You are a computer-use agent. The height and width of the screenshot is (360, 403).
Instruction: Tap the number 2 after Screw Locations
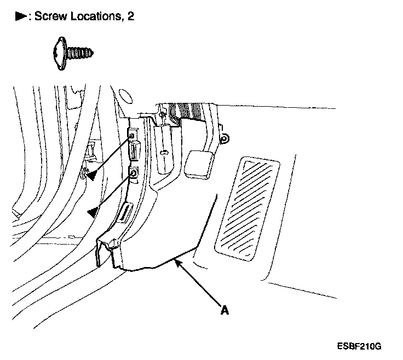(x=130, y=16)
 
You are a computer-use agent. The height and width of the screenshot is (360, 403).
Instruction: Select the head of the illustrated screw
(x=61, y=54)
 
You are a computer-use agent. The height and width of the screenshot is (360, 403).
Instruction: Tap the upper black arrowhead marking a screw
(x=93, y=175)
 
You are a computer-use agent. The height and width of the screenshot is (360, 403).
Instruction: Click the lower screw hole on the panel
(x=133, y=174)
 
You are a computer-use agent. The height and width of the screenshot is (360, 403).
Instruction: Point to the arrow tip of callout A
(x=176, y=263)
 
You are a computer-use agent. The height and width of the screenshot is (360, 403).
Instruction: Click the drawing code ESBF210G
(x=359, y=347)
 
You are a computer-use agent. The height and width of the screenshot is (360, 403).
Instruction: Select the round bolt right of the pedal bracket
(x=223, y=139)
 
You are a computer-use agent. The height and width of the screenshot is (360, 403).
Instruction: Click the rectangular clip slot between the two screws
(x=134, y=151)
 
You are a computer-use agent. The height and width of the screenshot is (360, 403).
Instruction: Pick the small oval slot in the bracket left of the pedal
(x=164, y=151)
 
